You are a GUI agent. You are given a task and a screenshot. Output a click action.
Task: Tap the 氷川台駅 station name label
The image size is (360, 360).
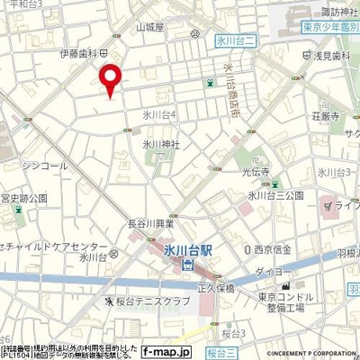[190, 247]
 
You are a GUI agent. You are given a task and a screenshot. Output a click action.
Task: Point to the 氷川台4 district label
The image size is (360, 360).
[159, 114]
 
